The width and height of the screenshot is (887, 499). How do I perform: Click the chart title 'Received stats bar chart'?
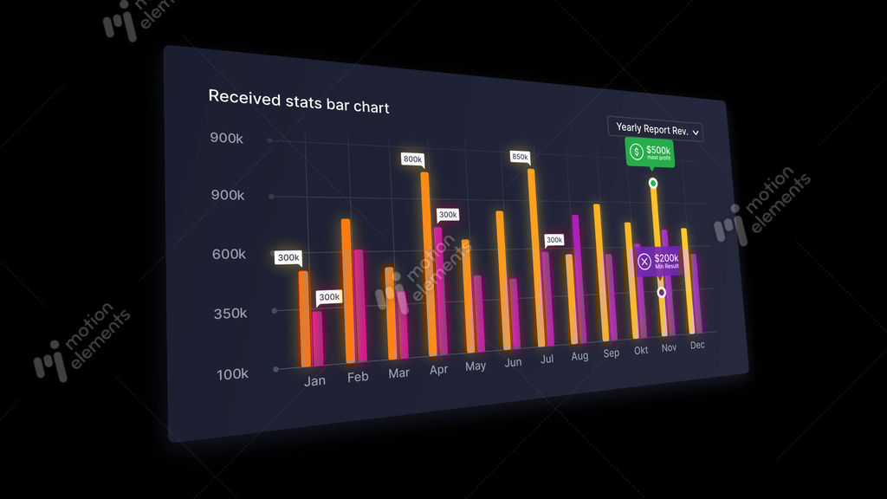coord(299,101)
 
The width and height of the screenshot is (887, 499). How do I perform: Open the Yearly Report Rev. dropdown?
coord(655,130)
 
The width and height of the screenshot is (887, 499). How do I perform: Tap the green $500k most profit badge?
coord(650,152)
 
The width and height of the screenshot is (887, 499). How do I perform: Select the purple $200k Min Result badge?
coord(658,261)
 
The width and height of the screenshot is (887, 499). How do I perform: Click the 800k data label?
coord(412,159)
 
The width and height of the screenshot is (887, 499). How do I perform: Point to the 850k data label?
coord(520,157)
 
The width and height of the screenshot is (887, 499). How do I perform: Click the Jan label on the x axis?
coord(315,381)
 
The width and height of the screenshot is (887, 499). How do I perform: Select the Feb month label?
coord(358,377)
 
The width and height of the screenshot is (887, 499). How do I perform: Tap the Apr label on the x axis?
coord(438,369)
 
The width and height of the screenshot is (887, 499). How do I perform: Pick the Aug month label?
coord(579,356)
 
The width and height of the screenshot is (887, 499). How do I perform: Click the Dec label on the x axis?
coord(697,345)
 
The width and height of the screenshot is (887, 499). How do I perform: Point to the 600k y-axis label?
coord(230,255)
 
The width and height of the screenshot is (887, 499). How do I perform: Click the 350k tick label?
coord(230,314)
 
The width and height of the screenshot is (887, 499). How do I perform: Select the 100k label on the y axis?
coord(232,374)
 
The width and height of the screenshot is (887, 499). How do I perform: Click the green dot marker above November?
coord(653,184)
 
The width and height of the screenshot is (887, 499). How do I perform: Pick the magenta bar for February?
coord(359,305)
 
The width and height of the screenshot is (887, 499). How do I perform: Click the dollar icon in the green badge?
coord(637,152)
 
